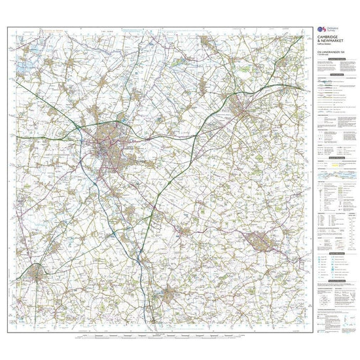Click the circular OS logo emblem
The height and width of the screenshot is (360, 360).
coord(320,30)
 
